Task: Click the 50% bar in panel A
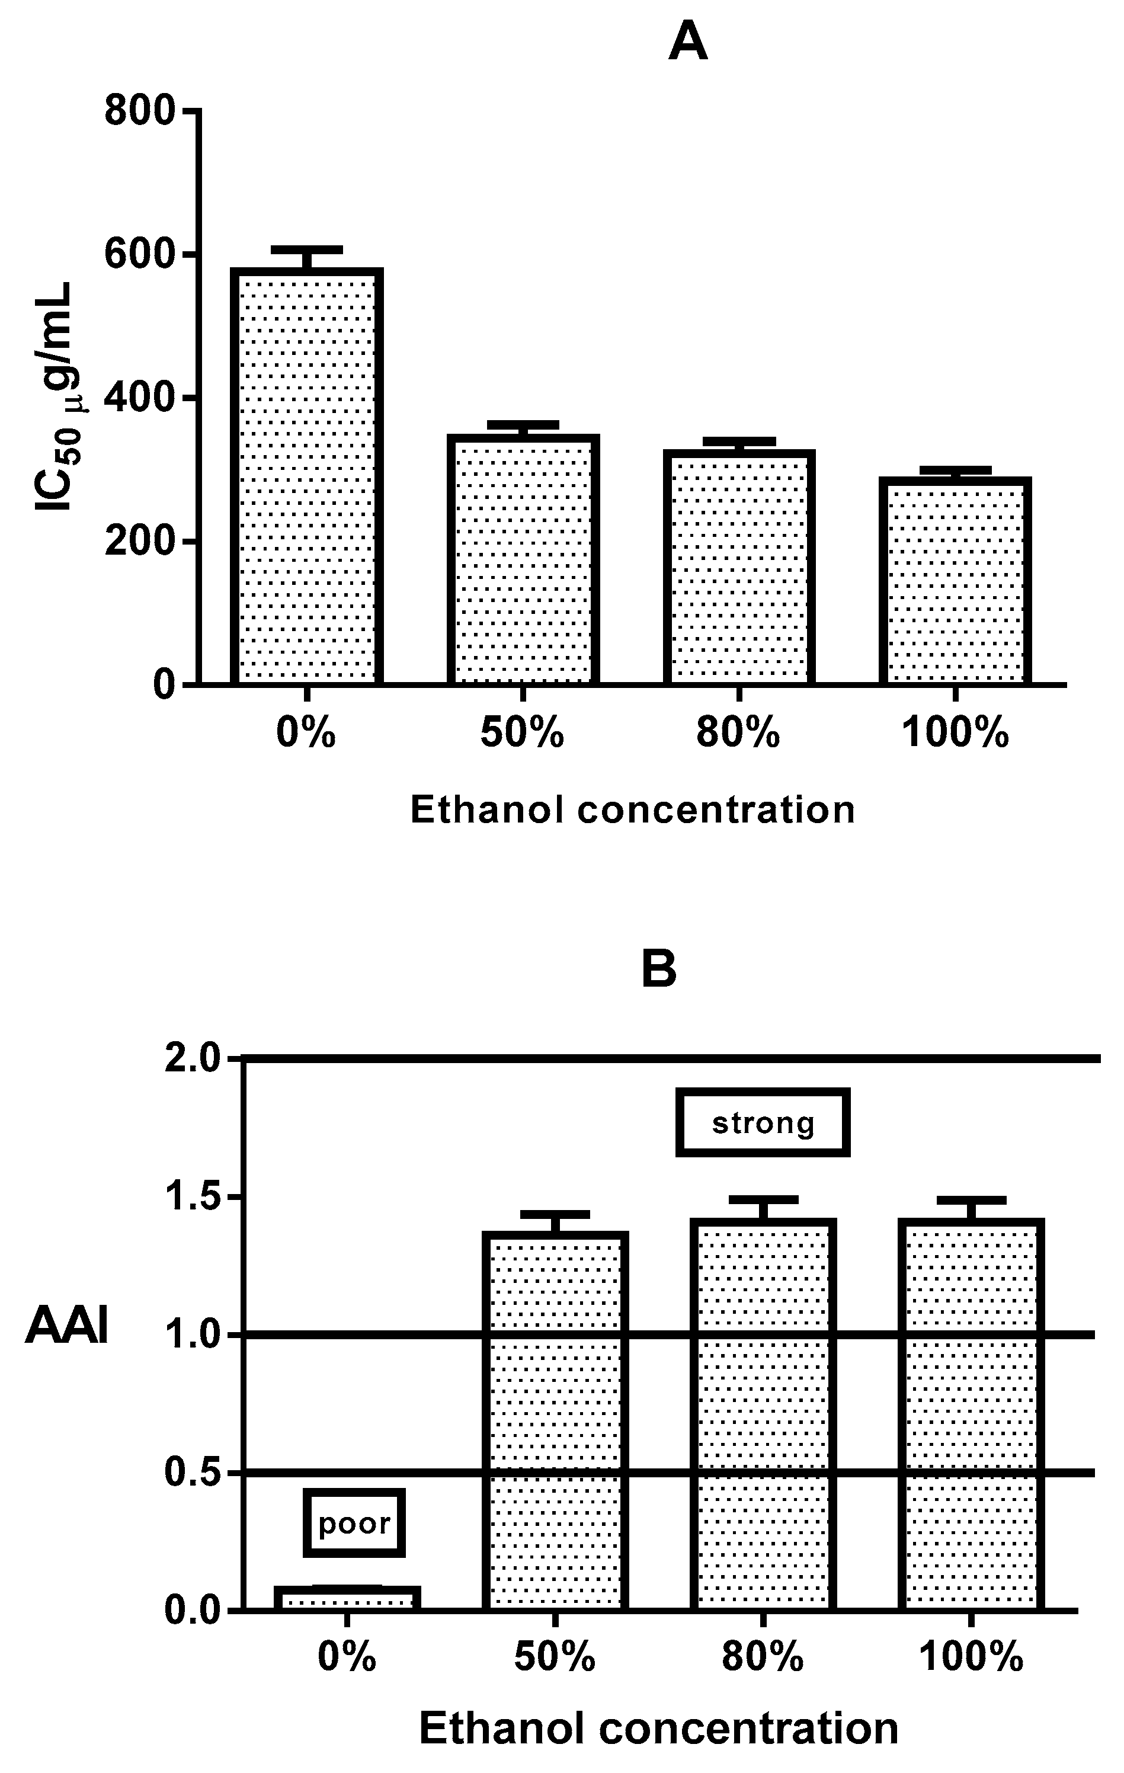pos(523,559)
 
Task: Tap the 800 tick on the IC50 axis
pos(140,111)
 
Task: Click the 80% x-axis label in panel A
pos(738,734)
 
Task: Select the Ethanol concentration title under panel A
pos(632,810)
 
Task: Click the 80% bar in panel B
pos(763,1414)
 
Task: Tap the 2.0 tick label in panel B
pos(191,1059)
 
